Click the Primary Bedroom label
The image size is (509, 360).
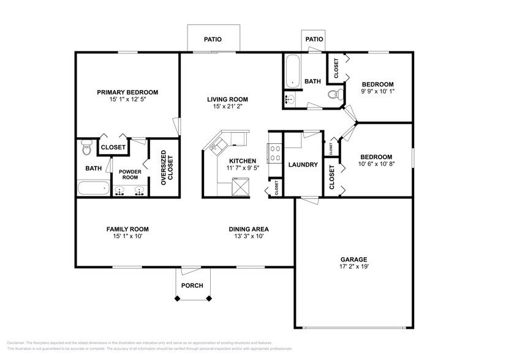pyautogui.click(x=127, y=92)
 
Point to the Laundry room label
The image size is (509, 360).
pyautogui.click(x=302, y=165)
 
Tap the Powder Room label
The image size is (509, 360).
pyautogui.click(x=130, y=175)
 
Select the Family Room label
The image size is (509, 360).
pyautogui.click(x=127, y=229)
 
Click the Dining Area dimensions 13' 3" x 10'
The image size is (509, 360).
pyautogui.click(x=249, y=236)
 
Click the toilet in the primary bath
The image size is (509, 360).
pyautogui.click(x=86, y=147)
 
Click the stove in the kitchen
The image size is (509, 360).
pyautogui.click(x=273, y=151)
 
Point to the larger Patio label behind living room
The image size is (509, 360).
pyautogui.click(x=213, y=40)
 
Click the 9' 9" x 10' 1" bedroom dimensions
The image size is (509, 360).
pyautogui.click(x=377, y=92)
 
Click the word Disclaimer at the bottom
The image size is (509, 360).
pyautogui.click(x=19, y=343)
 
